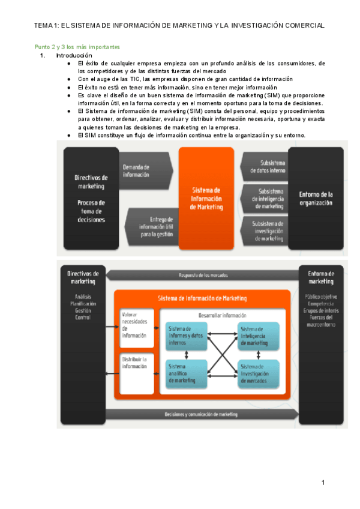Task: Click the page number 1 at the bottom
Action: pyautogui.click(x=323, y=483)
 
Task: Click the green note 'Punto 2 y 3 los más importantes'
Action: pyautogui.click(x=76, y=46)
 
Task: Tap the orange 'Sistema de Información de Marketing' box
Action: pyautogui.click(x=206, y=198)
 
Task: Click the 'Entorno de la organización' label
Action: pyautogui.click(x=317, y=198)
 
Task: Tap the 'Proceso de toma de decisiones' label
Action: pyautogui.click(x=91, y=211)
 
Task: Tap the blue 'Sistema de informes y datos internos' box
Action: pyautogui.click(x=187, y=335)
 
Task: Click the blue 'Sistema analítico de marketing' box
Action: pyautogui.click(x=187, y=372)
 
